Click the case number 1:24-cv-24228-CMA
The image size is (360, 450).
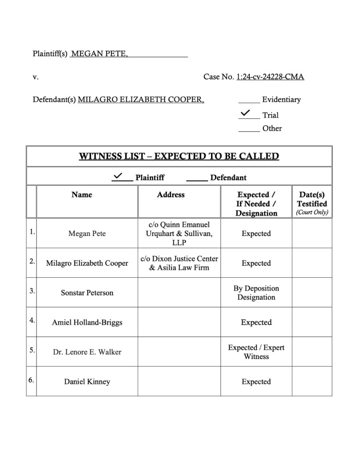(270, 77)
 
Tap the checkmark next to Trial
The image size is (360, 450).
(245, 113)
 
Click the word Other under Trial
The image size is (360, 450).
(272, 128)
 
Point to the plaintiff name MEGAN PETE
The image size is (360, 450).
(99, 54)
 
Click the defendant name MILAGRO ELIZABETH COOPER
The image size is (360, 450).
(141, 100)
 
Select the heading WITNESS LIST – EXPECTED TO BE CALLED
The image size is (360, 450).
(179, 156)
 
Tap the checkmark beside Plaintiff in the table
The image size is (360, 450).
(118, 176)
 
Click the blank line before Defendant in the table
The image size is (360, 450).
(197, 179)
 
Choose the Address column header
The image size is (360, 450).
(171, 195)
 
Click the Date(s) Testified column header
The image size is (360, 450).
(312, 203)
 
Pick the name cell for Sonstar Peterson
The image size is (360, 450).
(87, 293)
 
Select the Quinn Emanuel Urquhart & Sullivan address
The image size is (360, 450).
(179, 234)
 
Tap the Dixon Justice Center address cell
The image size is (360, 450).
(179, 263)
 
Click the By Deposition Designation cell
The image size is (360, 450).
(256, 293)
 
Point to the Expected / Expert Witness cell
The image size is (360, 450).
(256, 352)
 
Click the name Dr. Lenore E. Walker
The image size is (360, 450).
(87, 352)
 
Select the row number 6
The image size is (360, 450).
(31, 380)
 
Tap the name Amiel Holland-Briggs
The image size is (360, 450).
(87, 323)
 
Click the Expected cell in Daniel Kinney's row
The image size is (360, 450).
(256, 382)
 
